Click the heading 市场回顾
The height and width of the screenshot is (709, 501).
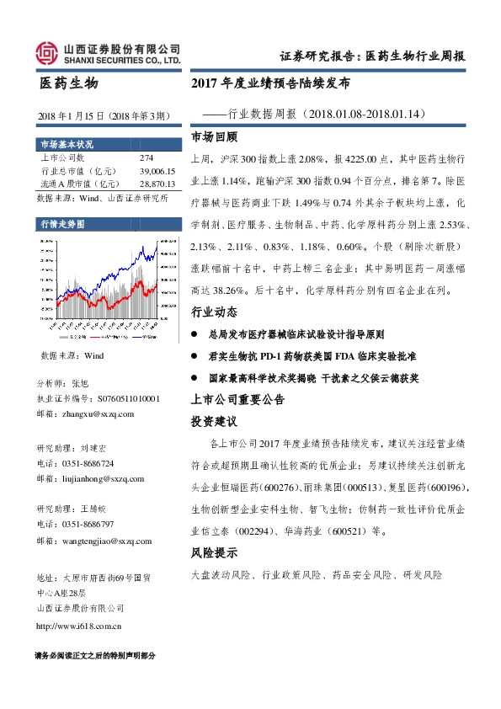coord(215,136)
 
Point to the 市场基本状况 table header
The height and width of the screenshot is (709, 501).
coord(64,143)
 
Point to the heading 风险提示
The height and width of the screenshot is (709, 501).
coord(215,553)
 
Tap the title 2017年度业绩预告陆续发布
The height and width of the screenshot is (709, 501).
coord(270,84)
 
